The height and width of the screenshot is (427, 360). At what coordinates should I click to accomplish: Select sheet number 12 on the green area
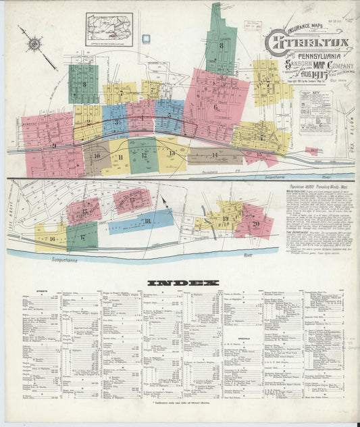[145, 155]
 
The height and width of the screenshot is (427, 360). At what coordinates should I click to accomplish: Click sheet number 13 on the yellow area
[172, 153]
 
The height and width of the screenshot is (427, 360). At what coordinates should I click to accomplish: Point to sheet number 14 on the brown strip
[215, 156]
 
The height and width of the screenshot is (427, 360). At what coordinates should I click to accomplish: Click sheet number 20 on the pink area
[255, 224]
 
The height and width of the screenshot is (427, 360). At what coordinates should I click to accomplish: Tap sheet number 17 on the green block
[82, 236]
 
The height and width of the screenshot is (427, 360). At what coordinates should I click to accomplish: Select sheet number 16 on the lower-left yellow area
[51, 238]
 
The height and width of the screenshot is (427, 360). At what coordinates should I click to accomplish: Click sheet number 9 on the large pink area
[53, 145]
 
